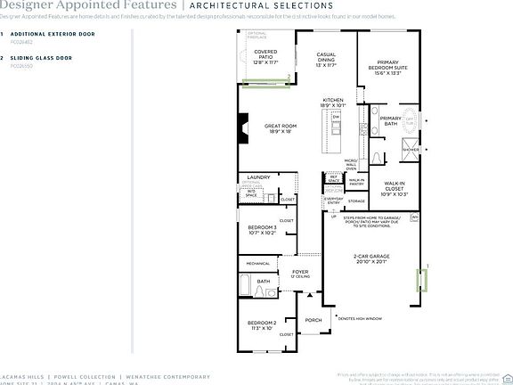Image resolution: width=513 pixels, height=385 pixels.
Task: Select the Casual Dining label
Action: click(326, 59)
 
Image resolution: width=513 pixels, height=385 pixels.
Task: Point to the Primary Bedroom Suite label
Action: click(388, 67)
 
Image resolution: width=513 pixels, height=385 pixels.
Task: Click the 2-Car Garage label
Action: click(368, 259)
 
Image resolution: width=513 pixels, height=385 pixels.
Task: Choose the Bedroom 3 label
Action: click(262, 230)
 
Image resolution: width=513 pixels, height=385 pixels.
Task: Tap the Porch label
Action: click(313, 320)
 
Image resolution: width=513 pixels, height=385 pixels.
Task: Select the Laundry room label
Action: click(259, 177)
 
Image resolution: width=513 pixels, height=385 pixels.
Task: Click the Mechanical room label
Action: click(258, 264)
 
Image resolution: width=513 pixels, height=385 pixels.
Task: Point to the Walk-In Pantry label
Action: click(356, 183)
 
